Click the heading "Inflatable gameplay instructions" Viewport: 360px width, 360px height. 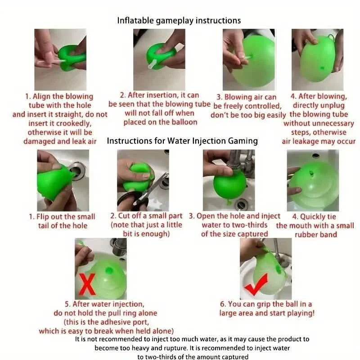(x=179, y=20)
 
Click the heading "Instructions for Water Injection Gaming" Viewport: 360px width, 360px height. (x=182, y=141)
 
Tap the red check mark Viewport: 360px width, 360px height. (x=256, y=286)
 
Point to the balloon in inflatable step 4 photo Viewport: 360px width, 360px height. (x=317, y=61)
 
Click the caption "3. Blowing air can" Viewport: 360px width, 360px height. (x=247, y=97)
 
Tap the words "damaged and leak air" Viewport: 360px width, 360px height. (x=60, y=141)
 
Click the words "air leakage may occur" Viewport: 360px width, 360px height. (x=319, y=141)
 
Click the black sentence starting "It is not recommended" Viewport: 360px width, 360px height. (x=192, y=339)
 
